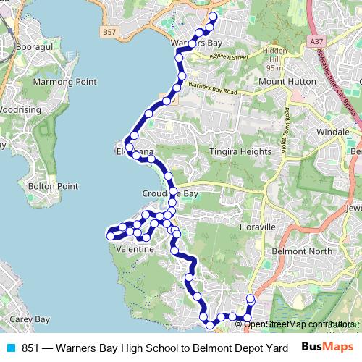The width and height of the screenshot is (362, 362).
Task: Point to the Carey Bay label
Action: (x=29, y=319)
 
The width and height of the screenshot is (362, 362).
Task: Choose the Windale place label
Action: (x=332, y=132)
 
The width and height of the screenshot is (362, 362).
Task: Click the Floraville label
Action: (x=258, y=227)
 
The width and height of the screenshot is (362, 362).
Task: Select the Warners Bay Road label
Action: (x=211, y=90)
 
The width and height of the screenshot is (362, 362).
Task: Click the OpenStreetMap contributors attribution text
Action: (x=299, y=324)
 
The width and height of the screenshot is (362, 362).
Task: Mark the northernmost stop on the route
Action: (x=213, y=16)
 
